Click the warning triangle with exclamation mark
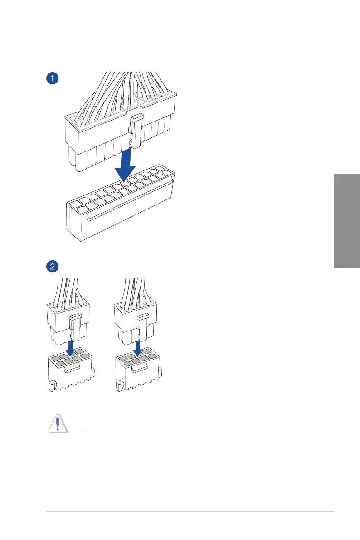[58, 423]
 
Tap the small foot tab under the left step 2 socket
[51, 386]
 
